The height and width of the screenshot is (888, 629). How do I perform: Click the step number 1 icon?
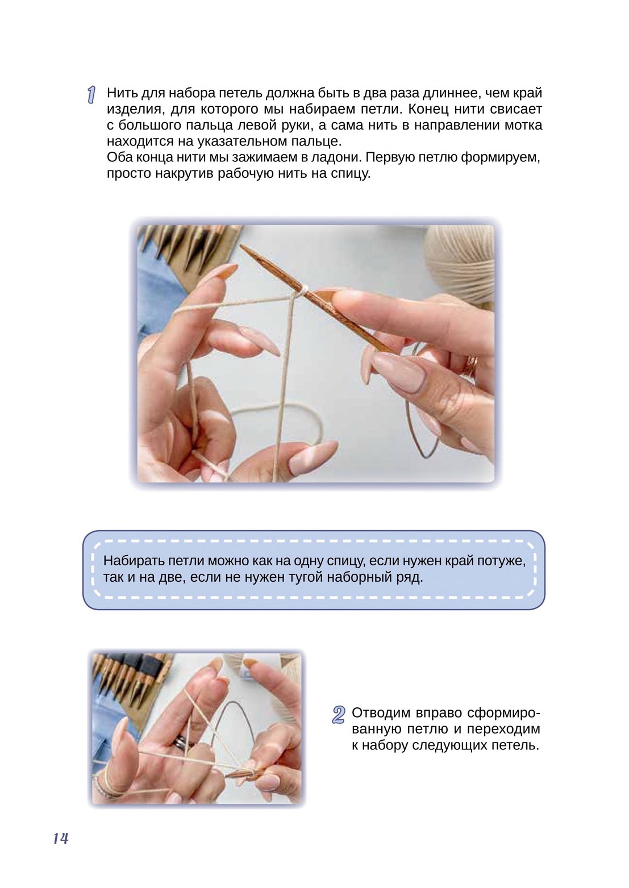[91, 95]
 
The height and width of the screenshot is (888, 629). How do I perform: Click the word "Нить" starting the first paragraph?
[122, 93]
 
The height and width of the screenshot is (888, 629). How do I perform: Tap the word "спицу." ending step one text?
[351, 174]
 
